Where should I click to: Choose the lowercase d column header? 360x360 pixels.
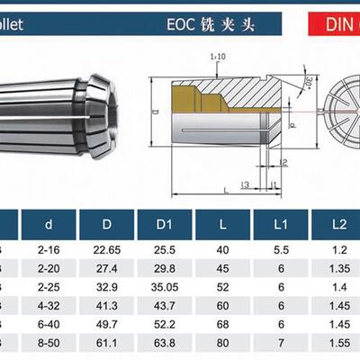48,222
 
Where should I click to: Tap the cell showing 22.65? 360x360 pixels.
108,250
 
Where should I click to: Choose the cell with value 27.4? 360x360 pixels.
108,268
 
